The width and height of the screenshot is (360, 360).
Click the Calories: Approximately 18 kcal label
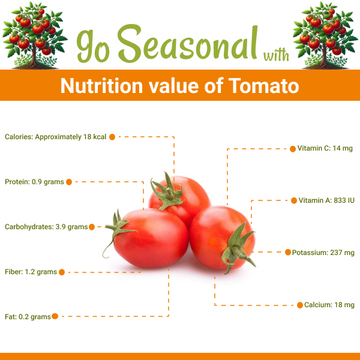click(55, 136)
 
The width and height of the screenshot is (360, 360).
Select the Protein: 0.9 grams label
click(34, 182)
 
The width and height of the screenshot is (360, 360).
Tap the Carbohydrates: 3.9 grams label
click(46, 227)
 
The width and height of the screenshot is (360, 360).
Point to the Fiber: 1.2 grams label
click(31, 271)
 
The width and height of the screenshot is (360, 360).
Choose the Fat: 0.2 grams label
click(27, 316)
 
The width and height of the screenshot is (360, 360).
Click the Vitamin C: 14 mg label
click(325, 148)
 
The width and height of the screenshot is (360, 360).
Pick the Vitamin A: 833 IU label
click(326, 200)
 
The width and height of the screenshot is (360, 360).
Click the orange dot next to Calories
click(112, 136)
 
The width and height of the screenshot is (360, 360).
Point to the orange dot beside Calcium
click(298, 304)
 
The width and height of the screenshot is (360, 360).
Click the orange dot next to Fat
click(56, 316)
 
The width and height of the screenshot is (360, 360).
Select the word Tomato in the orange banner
click(261, 86)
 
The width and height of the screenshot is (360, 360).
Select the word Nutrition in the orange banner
click(98, 86)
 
